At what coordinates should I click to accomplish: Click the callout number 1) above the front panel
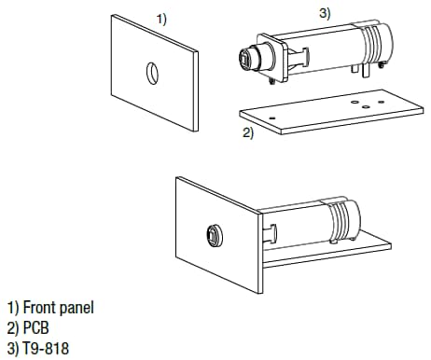point(160,19)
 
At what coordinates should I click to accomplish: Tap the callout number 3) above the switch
point(324,12)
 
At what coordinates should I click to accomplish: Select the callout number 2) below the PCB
point(248,132)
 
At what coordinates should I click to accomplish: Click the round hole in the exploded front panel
point(153,72)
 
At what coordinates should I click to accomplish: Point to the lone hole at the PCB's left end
point(271,118)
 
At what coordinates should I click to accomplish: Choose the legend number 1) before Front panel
point(12,307)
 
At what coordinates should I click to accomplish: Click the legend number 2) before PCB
point(12,327)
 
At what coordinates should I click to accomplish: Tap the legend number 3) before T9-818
point(12,348)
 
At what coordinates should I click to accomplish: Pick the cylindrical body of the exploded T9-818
point(327,51)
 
